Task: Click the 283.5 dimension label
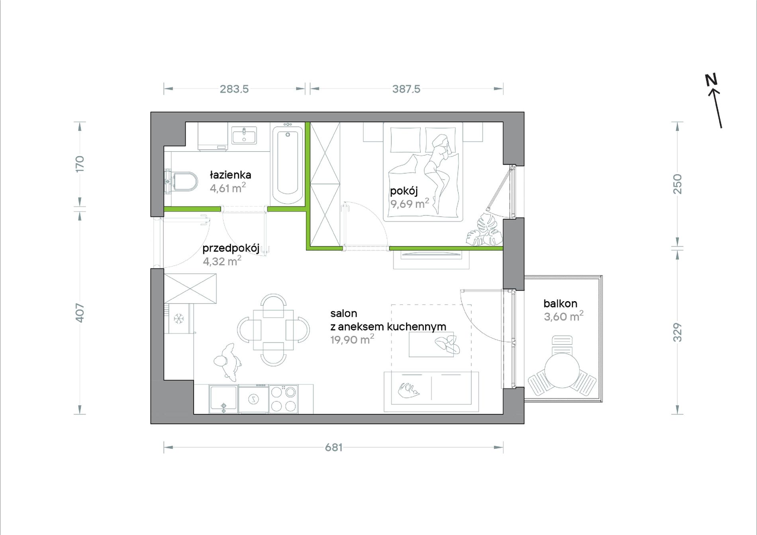pyautogui.click(x=234, y=89)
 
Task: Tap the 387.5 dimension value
pyautogui.click(x=406, y=89)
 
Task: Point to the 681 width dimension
pyautogui.click(x=334, y=447)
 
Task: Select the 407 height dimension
pyautogui.click(x=80, y=313)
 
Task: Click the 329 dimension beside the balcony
pyautogui.click(x=677, y=332)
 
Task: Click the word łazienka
pyautogui.click(x=230, y=175)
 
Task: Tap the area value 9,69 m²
pyautogui.click(x=410, y=204)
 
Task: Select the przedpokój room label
pyautogui.click(x=231, y=249)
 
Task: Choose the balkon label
pyautogui.click(x=560, y=304)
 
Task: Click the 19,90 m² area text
pyautogui.click(x=352, y=339)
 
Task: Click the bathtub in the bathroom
pyautogui.click(x=287, y=163)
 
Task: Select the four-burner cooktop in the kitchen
pyautogui.click(x=283, y=399)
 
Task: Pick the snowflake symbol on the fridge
pyautogui.click(x=178, y=318)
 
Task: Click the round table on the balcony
pyautogui.click(x=562, y=370)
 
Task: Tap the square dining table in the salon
pyautogui.click(x=273, y=330)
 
